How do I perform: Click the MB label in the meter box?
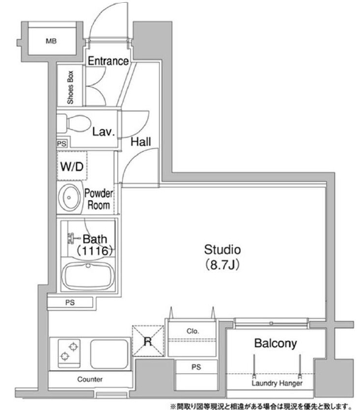(x=51, y=41)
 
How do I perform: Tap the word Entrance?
(x=108, y=61)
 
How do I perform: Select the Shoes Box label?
(x=70, y=87)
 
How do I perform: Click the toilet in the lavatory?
(x=75, y=123)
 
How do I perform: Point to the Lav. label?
(x=104, y=132)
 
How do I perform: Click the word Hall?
(x=141, y=142)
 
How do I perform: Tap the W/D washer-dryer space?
(x=72, y=166)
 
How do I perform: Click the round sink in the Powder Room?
(x=69, y=197)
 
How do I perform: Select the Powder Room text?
(x=99, y=199)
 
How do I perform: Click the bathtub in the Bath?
(x=88, y=276)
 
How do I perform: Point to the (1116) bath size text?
(x=94, y=251)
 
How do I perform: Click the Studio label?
(x=222, y=250)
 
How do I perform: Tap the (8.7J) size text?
(x=222, y=265)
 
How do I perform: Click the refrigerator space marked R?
(x=148, y=341)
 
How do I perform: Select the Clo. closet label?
(x=193, y=331)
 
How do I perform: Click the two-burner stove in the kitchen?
(x=69, y=353)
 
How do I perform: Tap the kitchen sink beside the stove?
(x=109, y=353)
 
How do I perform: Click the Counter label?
(x=89, y=379)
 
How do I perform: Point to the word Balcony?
(x=276, y=343)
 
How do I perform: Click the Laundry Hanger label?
(x=277, y=383)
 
